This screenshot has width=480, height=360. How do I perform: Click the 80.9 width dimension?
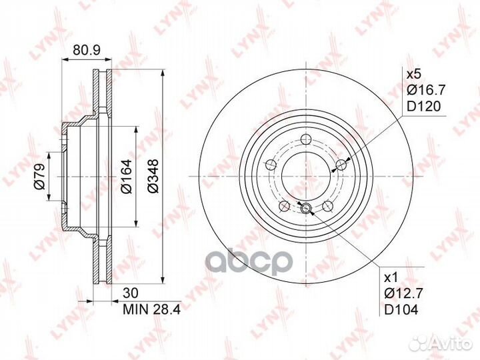[x=87, y=50]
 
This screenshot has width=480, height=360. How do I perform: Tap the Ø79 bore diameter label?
[x=39, y=177]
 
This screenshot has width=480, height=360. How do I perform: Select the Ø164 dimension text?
[x=126, y=176]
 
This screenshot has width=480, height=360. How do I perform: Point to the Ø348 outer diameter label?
[x=153, y=176]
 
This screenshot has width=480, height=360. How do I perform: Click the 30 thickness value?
[x=131, y=293]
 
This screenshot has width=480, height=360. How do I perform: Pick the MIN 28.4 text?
[x=152, y=309]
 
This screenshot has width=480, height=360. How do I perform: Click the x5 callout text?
[x=414, y=75]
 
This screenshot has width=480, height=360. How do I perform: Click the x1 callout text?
[x=391, y=278]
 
